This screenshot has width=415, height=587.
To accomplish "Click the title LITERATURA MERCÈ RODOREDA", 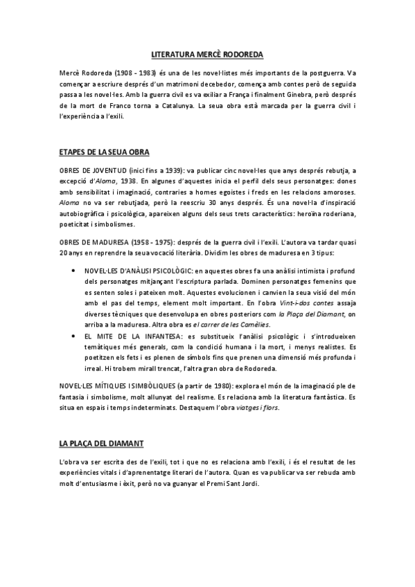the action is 207,53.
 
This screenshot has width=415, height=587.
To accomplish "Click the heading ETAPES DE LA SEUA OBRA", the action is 105,152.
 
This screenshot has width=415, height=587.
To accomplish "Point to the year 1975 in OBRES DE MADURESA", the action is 161,242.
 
